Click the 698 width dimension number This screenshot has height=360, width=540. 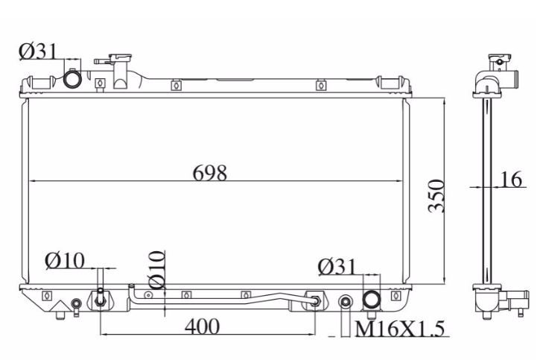[x=210, y=173]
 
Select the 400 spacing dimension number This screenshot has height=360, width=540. [x=202, y=326]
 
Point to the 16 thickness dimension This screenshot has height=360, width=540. [x=510, y=180]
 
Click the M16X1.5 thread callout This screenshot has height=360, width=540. [x=399, y=329]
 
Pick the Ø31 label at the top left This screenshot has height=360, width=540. [x=37, y=51]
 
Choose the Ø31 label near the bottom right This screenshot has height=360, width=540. [x=337, y=267]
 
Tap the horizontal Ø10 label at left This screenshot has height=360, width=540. [x=65, y=261]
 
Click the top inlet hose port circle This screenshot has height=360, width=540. [x=72, y=79]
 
